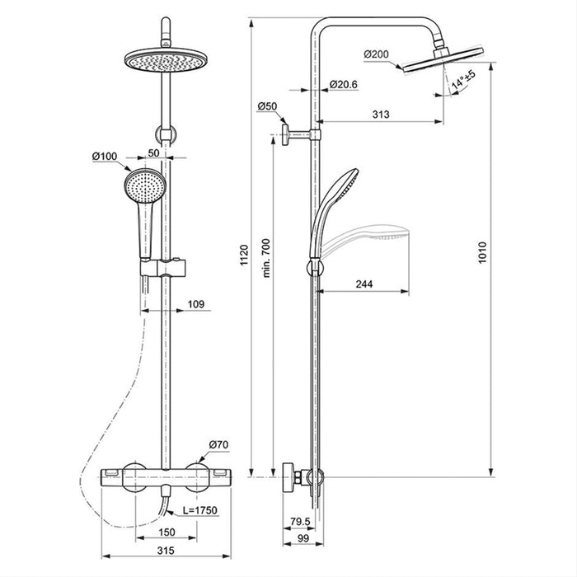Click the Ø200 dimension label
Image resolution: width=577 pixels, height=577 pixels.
click(375, 54)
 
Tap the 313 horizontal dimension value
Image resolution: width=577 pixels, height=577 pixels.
click(380, 115)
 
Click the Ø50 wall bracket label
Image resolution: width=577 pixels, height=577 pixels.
click(266, 106)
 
